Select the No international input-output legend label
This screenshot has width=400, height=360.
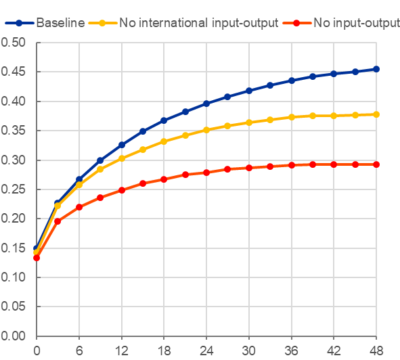pyautogui.click(x=199, y=23)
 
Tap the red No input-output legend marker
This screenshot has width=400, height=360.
pyautogui.click(x=296, y=23)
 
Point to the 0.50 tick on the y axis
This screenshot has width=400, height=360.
pyautogui.click(x=13, y=43)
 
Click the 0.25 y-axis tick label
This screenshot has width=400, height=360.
pyautogui.click(x=13, y=189)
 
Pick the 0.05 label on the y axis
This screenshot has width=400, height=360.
pyautogui.click(x=13, y=306)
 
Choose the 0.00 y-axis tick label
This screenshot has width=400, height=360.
pyautogui.click(x=13, y=336)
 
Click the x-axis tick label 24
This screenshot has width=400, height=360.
pyautogui.click(x=206, y=351)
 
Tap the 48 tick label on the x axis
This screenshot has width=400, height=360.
pyautogui.click(x=376, y=351)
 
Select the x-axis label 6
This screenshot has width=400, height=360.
pyautogui.click(x=79, y=351)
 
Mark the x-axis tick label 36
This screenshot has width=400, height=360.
pyautogui.click(x=291, y=351)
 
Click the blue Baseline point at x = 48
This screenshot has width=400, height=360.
pyautogui.click(x=376, y=69)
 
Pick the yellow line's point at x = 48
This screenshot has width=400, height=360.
pyautogui.click(x=376, y=114)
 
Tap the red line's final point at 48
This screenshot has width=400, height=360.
pyautogui.click(x=376, y=164)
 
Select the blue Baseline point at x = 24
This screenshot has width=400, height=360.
pyautogui.click(x=206, y=104)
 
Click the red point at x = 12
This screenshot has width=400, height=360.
pyautogui.click(x=122, y=190)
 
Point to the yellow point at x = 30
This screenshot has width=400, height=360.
pyautogui.click(x=249, y=122)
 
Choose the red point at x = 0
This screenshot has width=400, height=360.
pyautogui.click(x=37, y=258)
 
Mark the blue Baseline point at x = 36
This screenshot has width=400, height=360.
pyautogui.click(x=291, y=81)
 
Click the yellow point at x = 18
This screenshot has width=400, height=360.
pyautogui.click(x=164, y=141)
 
